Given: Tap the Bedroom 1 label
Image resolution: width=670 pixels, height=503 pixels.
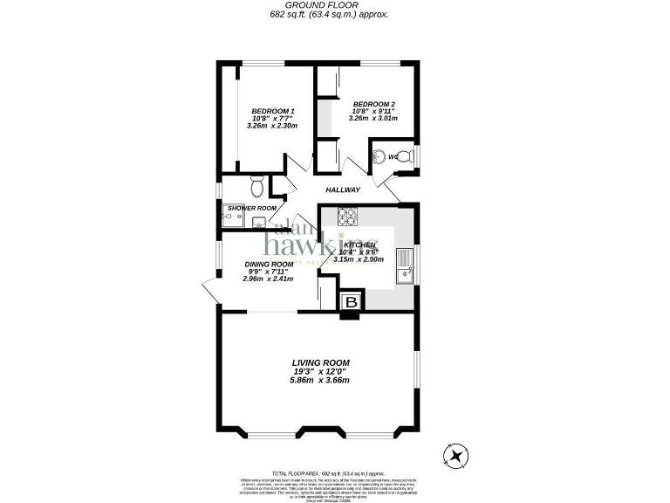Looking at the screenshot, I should point(273,111).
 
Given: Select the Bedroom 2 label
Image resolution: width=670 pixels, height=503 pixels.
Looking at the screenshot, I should point(373,104).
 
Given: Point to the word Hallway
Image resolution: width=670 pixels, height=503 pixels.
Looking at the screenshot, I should point(343,189).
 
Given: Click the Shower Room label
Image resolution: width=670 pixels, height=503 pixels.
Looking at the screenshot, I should point(252,208).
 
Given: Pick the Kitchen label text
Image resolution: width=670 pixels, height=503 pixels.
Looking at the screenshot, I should point(359,245).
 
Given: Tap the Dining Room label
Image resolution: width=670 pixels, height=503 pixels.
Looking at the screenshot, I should point(269,264).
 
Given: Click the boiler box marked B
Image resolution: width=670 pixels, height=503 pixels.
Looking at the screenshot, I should point(351,302).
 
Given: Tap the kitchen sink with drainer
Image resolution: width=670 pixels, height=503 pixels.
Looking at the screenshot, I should point(404,265).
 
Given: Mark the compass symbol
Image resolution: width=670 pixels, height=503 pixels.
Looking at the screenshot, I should point(455,453).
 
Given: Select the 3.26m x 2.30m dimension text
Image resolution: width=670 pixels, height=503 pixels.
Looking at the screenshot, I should point(272,126).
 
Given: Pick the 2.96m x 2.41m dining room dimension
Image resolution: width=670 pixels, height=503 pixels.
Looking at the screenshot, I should point(269,279).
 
